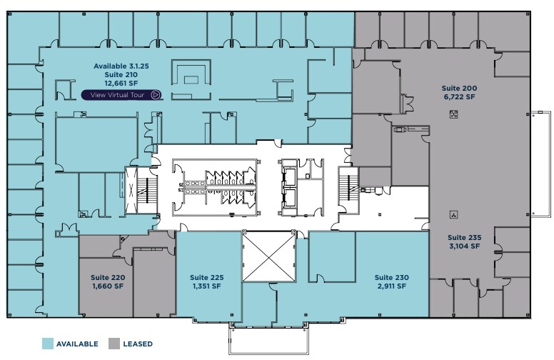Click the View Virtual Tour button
click(121, 94)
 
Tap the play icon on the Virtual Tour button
click(155, 94)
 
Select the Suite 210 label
click(121, 74)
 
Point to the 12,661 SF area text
click(121, 83)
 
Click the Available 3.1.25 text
click(121, 66)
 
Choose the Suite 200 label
click(459, 89)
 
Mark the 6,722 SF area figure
click(459, 97)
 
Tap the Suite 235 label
click(465, 237)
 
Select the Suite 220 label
click(108, 278)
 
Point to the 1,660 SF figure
click(108, 286)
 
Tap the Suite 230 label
click(392, 277)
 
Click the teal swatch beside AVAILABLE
click(49, 344)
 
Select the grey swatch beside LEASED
click(114, 344)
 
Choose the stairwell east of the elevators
click(350, 189)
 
